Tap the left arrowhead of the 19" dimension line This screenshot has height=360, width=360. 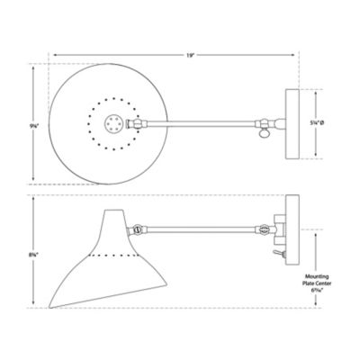coord(54,54)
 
